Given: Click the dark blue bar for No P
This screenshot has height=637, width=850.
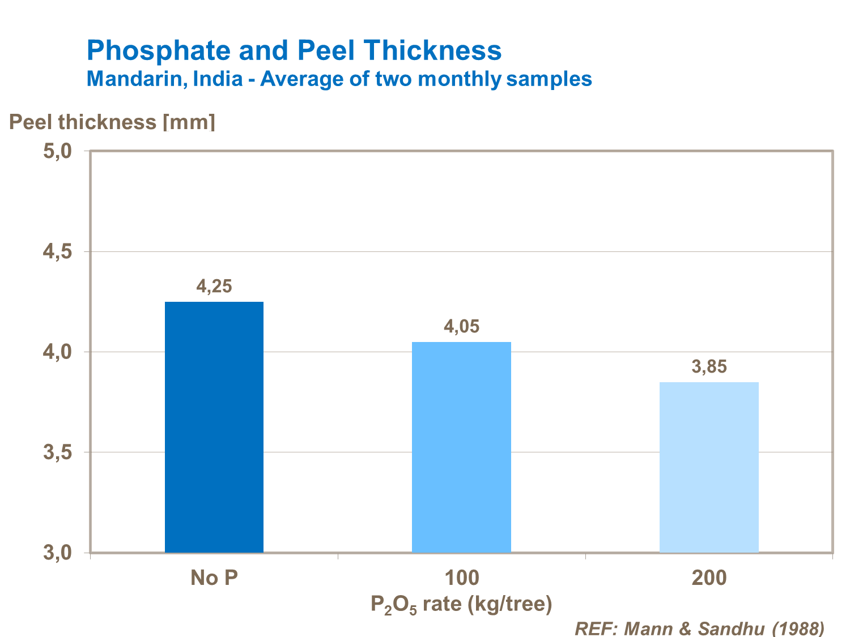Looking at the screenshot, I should pos(214,427).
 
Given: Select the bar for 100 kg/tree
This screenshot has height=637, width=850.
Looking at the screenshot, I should pos(461,447).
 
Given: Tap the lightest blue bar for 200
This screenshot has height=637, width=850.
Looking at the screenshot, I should pos(709,467).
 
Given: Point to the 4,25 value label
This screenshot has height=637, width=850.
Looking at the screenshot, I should pos(214,287).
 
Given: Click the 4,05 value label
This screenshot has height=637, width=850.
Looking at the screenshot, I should pos(461,327).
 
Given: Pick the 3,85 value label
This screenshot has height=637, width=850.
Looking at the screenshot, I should pos(709,367).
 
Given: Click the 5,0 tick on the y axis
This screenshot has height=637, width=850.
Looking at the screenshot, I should pos(57,151).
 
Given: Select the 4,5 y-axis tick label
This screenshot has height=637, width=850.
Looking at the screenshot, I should pos(57,252).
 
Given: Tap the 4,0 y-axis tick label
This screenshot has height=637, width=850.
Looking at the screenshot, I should pos(57,352).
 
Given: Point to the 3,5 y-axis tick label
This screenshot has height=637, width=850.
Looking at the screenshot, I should pos(57,452).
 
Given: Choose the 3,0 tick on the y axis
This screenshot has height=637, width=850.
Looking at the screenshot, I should pos(57,553).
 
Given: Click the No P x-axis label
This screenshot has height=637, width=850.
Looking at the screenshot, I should pos(214,578).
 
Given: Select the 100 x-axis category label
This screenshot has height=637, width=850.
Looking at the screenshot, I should pos(461,578).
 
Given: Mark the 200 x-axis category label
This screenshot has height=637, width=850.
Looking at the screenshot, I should pos(709,578).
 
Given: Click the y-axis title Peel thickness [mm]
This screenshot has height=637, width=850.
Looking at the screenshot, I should pos(112,122).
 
